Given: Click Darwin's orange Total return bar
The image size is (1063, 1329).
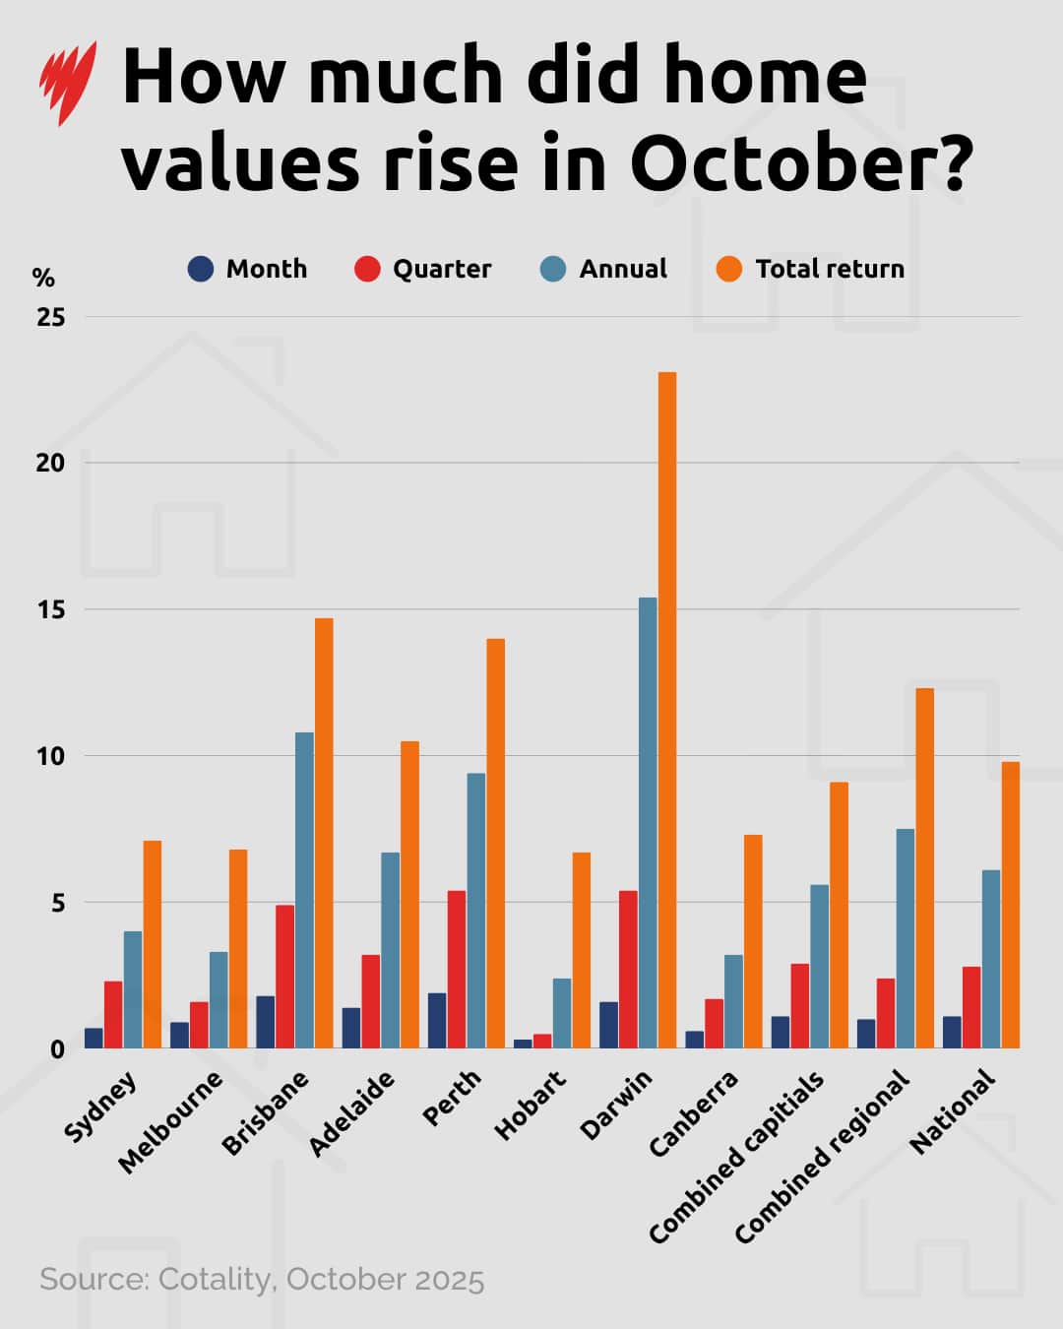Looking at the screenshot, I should (x=667, y=709).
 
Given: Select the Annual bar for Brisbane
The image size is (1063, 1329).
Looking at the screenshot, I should (x=304, y=890).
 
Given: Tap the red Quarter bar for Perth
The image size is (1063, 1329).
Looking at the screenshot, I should (x=457, y=969).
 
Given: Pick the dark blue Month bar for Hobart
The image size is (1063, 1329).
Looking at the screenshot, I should (x=523, y=1044).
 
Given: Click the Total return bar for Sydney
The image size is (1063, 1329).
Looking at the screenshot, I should (x=153, y=944).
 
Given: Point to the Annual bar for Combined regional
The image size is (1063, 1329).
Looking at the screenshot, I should (x=905, y=938).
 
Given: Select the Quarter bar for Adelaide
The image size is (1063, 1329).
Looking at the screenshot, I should (x=371, y=1001).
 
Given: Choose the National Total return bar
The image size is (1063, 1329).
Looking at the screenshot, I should (x=1011, y=905).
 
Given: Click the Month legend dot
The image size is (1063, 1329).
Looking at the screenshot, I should (x=201, y=269).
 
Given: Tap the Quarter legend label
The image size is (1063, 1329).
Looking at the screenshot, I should (x=441, y=269).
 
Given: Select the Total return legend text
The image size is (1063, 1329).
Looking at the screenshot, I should (x=829, y=269).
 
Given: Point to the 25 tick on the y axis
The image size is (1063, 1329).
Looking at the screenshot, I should (x=50, y=317).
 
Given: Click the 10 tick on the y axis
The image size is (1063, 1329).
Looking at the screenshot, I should (x=50, y=756).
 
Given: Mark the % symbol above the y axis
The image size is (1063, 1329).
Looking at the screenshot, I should (x=43, y=278).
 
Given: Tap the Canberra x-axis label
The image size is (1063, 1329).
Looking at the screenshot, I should (x=693, y=1113).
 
